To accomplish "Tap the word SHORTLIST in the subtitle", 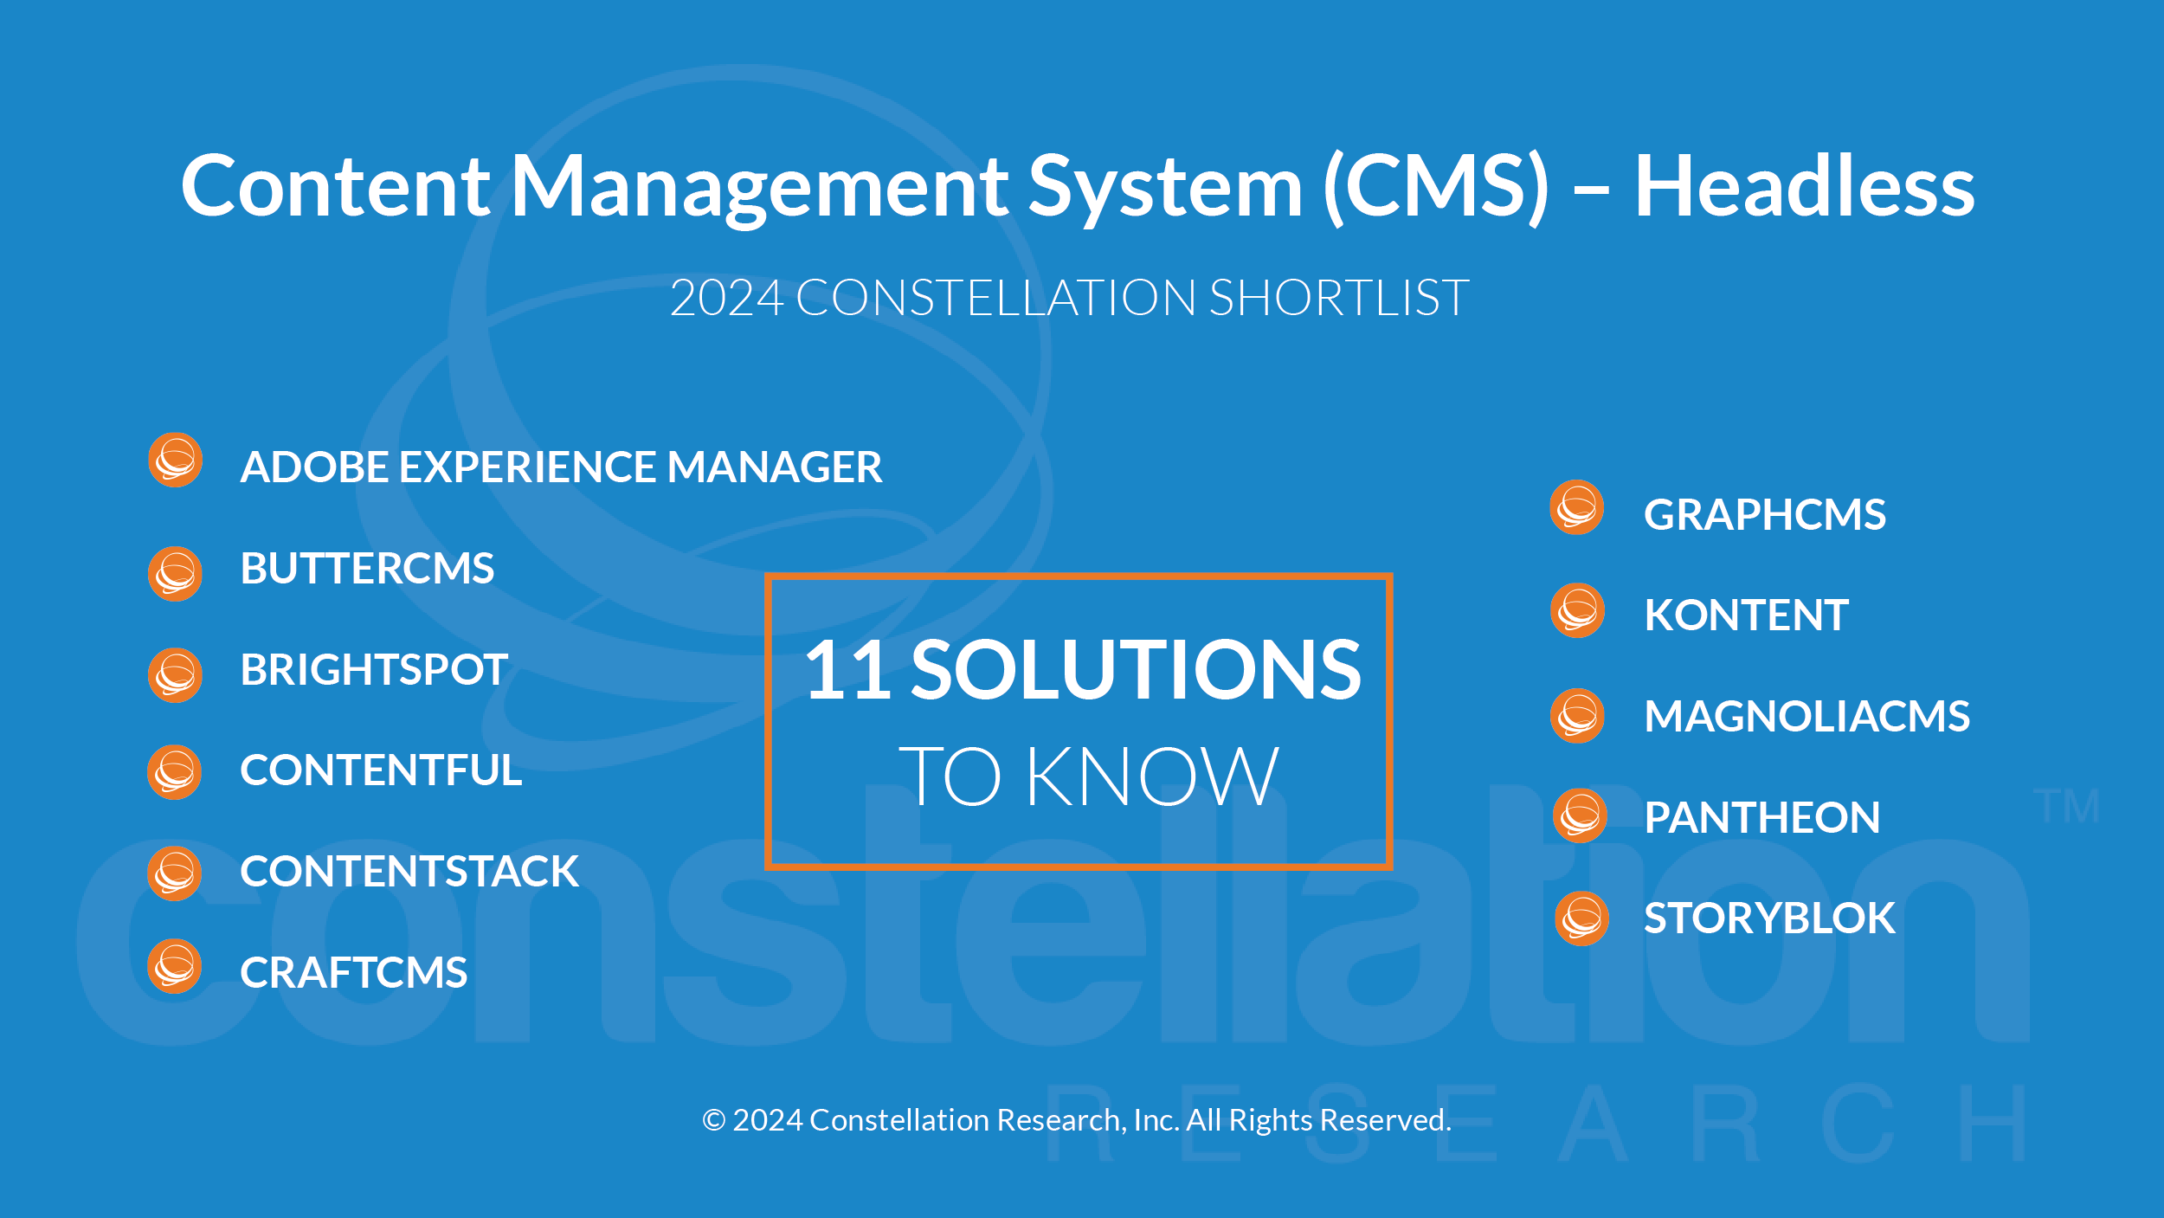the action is [1338, 298].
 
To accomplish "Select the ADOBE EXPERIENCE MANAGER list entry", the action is [561, 467].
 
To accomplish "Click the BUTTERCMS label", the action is [367, 568].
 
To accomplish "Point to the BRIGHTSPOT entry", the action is [374, 669].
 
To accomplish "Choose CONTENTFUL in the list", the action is [381, 770].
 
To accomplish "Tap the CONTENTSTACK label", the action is [409, 871].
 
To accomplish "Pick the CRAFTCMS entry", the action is [353, 972].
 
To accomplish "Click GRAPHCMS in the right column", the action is [1764, 514].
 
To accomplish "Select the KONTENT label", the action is [1746, 615].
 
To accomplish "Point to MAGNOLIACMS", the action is [1807, 716].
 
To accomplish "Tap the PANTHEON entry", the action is [1761, 817].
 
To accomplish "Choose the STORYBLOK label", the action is [1769, 918].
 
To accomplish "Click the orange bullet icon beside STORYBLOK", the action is [1581, 918].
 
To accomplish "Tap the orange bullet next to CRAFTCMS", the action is [174, 966].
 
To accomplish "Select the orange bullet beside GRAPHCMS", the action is [1576, 507].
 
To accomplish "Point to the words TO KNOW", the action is [1088, 776].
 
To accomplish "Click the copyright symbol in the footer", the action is [713, 1120].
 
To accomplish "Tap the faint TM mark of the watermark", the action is [2066, 806].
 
